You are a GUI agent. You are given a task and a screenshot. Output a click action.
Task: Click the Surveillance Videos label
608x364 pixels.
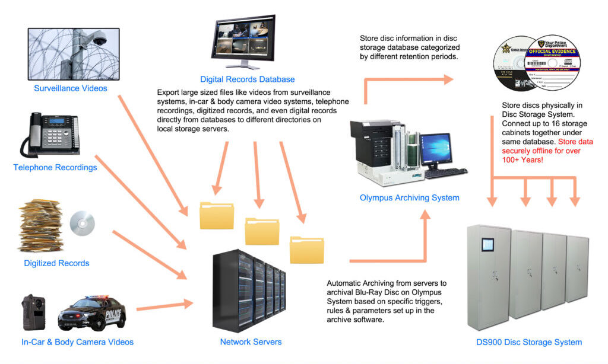[71, 88]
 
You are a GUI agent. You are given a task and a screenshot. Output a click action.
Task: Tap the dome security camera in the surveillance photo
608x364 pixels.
[100, 40]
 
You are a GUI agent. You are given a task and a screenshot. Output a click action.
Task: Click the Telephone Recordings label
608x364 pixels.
[55, 168]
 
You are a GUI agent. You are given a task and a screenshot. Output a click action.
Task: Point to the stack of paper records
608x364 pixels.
[41, 226]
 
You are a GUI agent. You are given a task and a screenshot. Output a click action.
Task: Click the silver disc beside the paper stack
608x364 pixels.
[82, 223]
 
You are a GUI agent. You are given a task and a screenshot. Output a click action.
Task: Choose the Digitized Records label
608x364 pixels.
[56, 263]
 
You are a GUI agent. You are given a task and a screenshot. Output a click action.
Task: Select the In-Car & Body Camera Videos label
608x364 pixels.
[78, 342]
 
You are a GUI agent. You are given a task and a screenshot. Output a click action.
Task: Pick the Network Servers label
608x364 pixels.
[251, 342]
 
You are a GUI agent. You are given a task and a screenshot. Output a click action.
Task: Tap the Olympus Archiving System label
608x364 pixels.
[409, 198]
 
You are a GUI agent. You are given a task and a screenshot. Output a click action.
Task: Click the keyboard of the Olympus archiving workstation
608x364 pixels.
[446, 173]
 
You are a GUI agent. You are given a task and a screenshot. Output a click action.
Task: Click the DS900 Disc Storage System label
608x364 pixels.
[528, 342]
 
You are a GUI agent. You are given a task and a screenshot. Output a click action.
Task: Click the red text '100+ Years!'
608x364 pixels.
[528, 161]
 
